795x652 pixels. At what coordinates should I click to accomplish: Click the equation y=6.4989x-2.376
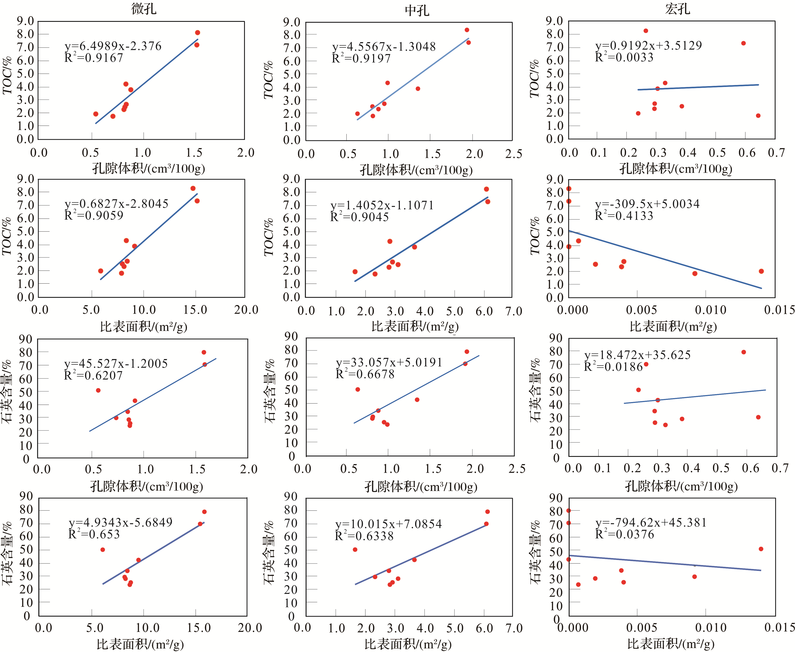(x=113, y=46)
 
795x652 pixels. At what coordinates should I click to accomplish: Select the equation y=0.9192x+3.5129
(x=648, y=45)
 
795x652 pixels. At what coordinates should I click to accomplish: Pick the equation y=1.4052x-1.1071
(x=382, y=205)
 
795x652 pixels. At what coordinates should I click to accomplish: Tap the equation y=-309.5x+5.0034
(x=647, y=204)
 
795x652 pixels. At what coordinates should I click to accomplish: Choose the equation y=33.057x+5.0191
(x=389, y=362)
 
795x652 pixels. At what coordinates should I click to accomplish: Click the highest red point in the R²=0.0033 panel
(x=646, y=31)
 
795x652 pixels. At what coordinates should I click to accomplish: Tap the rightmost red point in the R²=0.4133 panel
(x=761, y=271)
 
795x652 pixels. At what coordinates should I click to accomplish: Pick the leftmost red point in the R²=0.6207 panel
(x=98, y=390)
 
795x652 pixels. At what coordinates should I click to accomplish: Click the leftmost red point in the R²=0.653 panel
(x=102, y=550)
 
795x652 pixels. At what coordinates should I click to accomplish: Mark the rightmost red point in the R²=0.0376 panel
(x=761, y=549)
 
